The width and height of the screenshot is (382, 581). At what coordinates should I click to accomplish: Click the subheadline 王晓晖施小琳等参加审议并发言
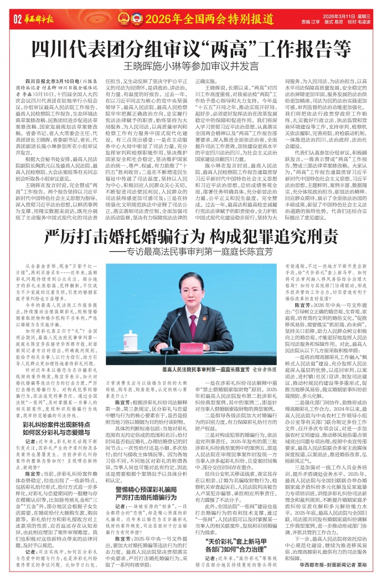click(x=190, y=65)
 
